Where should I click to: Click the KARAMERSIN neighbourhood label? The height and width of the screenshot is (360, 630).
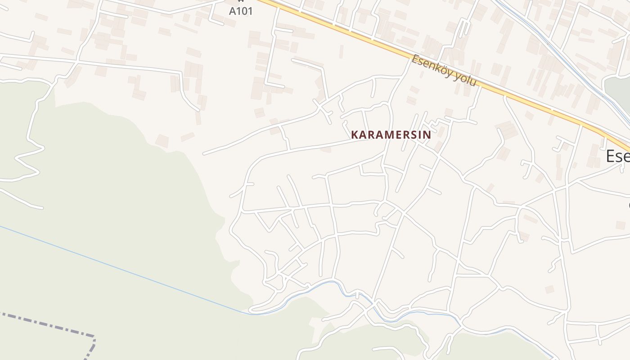point(391,135)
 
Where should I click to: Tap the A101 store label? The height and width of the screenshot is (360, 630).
point(241,11)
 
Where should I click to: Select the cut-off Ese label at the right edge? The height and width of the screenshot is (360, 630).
point(618,156)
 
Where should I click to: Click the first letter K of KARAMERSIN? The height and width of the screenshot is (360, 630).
point(355,135)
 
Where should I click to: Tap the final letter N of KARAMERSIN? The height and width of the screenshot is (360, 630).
point(427,135)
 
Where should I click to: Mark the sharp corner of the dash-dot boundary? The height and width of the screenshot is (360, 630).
point(94,336)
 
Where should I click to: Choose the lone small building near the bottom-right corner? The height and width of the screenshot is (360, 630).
point(549,289)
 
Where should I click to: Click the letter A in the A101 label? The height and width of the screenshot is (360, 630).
point(232,11)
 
